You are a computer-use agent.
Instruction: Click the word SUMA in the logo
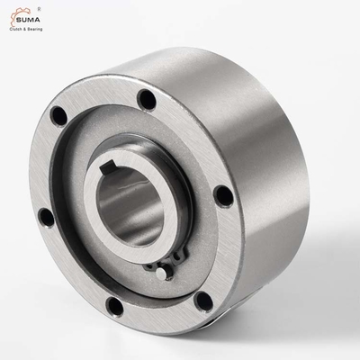pyautogui.click(x=28, y=20)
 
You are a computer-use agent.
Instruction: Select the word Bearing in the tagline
pyautogui.click(x=34, y=30)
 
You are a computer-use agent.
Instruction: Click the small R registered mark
pyautogui.click(x=40, y=9)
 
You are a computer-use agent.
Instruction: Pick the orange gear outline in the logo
pyautogui.click(x=19, y=15)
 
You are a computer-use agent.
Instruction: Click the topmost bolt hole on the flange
pyautogui.click(x=147, y=100)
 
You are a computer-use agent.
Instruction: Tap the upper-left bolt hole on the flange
pyautogui.click(x=58, y=116)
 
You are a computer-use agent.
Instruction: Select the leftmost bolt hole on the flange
pyautogui.click(x=47, y=218)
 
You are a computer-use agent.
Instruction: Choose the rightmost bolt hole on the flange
pyautogui.click(x=223, y=196)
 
